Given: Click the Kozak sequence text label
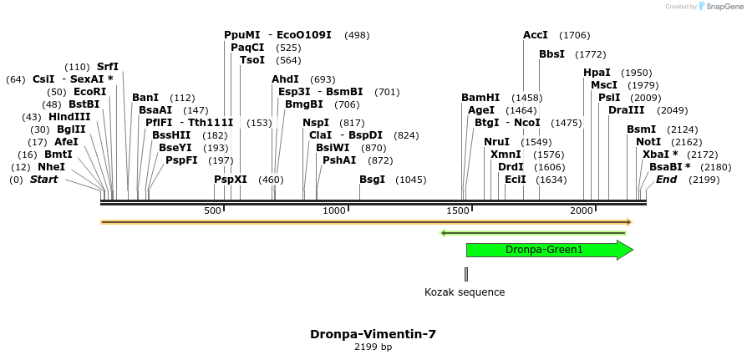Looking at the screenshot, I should (465, 292).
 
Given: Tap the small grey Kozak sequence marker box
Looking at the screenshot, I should (466, 274).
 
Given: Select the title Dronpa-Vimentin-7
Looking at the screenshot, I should (373, 334).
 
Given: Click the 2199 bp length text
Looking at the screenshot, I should (373, 347).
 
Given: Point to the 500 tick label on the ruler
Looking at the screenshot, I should (212, 210).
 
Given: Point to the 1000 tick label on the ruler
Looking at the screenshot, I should (334, 210).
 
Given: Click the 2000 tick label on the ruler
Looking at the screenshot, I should (582, 210).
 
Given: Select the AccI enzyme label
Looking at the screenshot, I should (535, 35).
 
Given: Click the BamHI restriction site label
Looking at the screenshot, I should (480, 98).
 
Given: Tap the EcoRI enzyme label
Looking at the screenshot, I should (89, 92).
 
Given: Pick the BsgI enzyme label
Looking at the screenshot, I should (373, 180).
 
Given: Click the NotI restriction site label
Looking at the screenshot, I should (648, 142).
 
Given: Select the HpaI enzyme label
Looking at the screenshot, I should (597, 73).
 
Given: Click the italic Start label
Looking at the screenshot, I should (45, 180).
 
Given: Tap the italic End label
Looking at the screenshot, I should (666, 180).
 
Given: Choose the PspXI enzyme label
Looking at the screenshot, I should (231, 180).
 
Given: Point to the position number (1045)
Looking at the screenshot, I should (410, 180).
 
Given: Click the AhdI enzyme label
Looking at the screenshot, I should (285, 79).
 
